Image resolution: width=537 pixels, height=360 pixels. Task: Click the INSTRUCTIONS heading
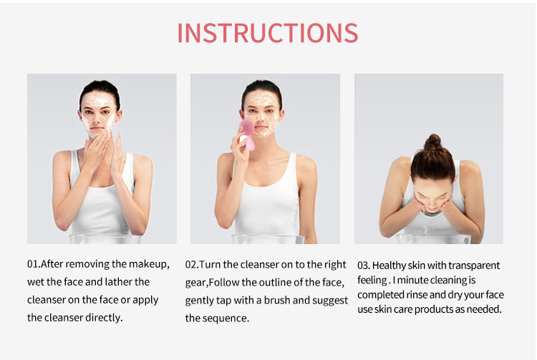[x=268, y=33]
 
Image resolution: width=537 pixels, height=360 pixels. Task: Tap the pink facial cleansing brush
[x=247, y=134]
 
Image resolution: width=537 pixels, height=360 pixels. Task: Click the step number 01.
[x=33, y=264]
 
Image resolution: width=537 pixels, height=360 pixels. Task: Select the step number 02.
[x=191, y=265]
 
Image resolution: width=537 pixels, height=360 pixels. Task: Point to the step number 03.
[x=363, y=266]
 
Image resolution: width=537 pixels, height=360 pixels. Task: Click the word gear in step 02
[x=196, y=283]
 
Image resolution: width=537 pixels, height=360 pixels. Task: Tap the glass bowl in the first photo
[x=105, y=239]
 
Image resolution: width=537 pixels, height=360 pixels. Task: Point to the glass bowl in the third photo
[x=434, y=239]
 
